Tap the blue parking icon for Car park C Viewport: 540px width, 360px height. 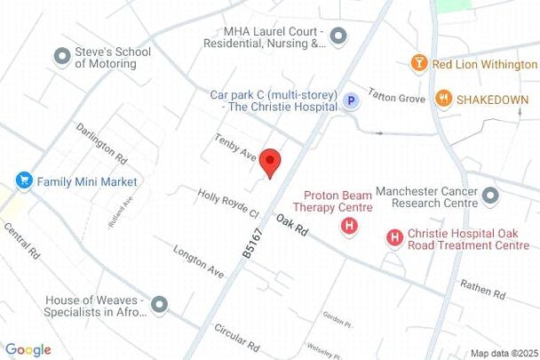[x=353, y=101]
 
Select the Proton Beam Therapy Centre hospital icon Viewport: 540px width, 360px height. [x=350, y=227]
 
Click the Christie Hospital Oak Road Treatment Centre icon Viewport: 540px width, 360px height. [x=393, y=237]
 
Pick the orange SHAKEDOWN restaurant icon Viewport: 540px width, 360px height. [x=443, y=99]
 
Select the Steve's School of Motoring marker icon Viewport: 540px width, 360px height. [x=62, y=57]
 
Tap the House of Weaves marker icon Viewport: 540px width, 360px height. [x=160, y=306]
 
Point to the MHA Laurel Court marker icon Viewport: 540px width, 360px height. [x=337, y=36]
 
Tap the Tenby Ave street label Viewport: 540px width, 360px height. [x=235, y=148]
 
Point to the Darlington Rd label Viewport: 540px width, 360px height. [x=100, y=143]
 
